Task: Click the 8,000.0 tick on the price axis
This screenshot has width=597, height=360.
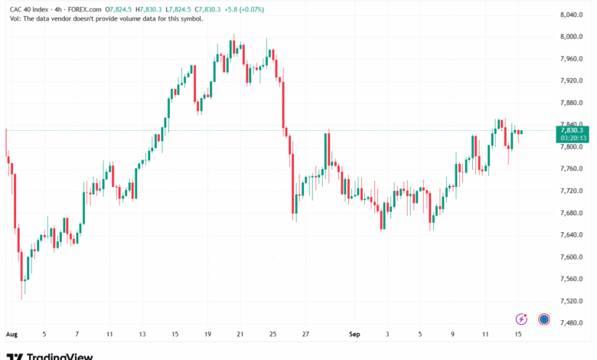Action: pos(572,37)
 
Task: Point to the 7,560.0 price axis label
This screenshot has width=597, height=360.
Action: pos(572,279)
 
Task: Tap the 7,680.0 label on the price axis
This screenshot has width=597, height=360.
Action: pos(572,213)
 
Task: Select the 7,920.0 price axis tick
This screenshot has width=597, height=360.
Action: pos(572,80)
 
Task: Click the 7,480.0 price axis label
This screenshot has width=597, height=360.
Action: pos(572,322)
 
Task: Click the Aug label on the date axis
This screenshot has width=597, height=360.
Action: pos(11,335)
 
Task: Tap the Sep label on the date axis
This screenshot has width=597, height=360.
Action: pos(354,335)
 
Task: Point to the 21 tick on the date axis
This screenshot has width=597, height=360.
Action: pos(240,335)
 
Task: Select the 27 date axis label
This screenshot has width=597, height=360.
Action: pos(305,335)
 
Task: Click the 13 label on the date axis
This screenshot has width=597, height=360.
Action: pos(142,335)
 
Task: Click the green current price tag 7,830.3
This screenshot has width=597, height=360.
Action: pos(572,130)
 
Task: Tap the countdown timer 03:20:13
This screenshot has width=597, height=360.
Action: pos(572,139)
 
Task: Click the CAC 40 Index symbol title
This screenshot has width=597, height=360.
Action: pos(30,9)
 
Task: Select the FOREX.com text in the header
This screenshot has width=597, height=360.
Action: pos(84,9)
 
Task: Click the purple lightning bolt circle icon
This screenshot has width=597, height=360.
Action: pos(523,319)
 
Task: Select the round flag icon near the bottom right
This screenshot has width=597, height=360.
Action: pos(545,319)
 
